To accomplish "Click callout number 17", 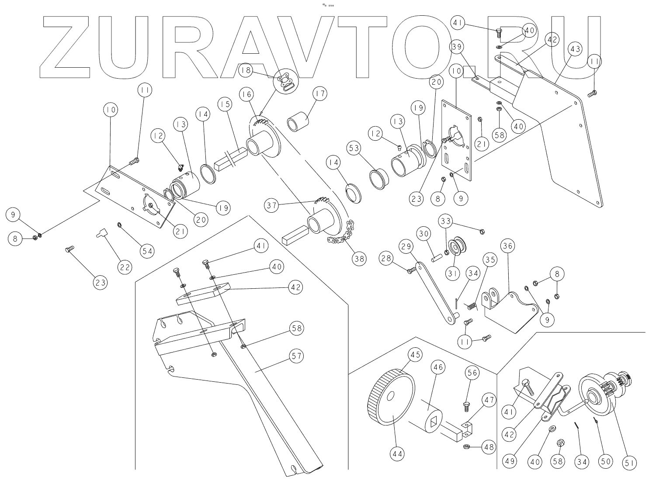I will pos(320,94).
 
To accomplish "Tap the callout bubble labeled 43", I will pos(575,49).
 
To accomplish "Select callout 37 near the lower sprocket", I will pos(272,205).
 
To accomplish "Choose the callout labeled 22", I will pos(125,266).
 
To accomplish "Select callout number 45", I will pos(415,355).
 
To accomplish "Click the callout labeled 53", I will pos(354,149).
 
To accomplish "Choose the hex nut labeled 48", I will pos(466,447).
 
